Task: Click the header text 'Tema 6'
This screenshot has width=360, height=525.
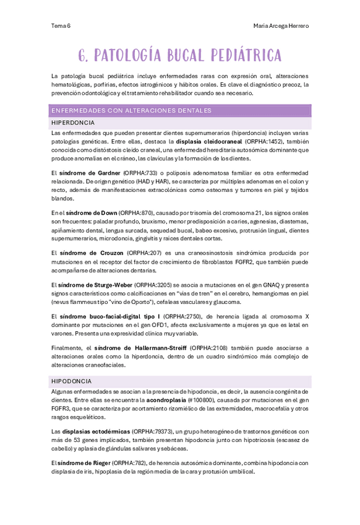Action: pyautogui.click(x=61, y=26)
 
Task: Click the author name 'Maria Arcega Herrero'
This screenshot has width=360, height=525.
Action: pyautogui.click(x=281, y=26)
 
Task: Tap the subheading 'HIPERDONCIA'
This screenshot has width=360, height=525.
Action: pyautogui.click(x=73, y=123)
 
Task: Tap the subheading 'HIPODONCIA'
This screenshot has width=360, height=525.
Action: pyautogui.click(x=71, y=381)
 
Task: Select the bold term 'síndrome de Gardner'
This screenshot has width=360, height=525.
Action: pyautogui.click(x=90, y=173)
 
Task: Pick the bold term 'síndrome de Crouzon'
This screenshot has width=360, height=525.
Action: pyautogui.click(x=91, y=253)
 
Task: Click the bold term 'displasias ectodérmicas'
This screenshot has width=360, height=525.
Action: pyautogui.click(x=95, y=431)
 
